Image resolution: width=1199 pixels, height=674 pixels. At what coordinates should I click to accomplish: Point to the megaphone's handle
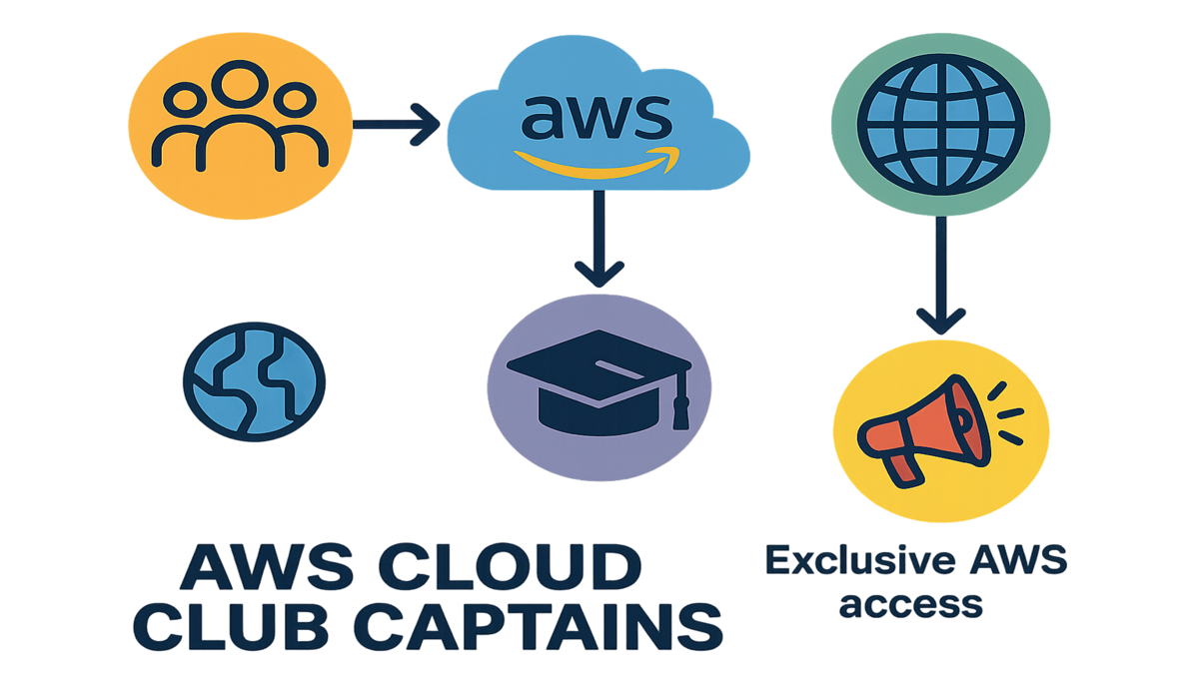coord(904,462)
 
